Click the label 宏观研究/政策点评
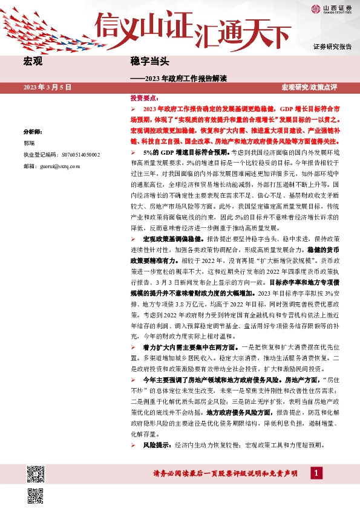click(x=316, y=88)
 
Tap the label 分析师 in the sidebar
click(x=33, y=131)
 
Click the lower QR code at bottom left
click(x=36, y=495)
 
